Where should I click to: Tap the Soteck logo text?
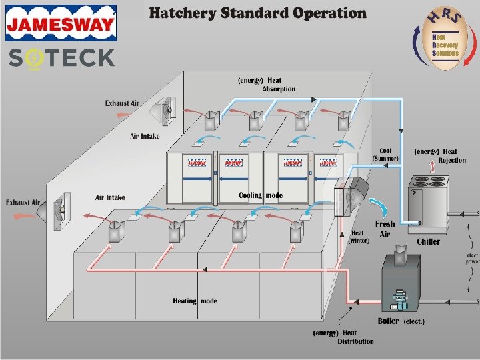pyautogui.click(x=61, y=58)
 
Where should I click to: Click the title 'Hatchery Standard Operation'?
pyautogui.click(x=257, y=13)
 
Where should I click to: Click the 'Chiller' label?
pyautogui.click(x=428, y=241)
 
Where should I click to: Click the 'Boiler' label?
pyautogui.click(x=388, y=321)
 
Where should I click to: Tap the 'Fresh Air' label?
pyautogui.click(x=385, y=229)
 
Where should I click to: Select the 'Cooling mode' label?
pyautogui.click(x=261, y=196)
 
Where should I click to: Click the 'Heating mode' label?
pyautogui.click(x=195, y=301)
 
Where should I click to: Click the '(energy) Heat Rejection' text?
pyautogui.click(x=440, y=156)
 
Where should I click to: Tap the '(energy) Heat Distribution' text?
pyautogui.click(x=344, y=337)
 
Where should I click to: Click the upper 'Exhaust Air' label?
pyautogui.click(x=122, y=103)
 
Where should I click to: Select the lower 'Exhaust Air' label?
pyautogui.click(x=23, y=202)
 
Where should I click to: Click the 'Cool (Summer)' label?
pyautogui.click(x=385, y=154)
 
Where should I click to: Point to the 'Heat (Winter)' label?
pyautogui.click(x=358, y=237)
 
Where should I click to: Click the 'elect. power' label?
pyautogui.click(x=472, y=257)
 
